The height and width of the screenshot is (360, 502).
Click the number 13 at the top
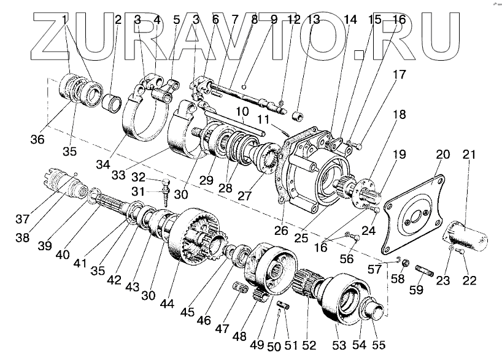(314, 20)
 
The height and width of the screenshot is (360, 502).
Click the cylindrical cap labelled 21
(468, 234)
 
